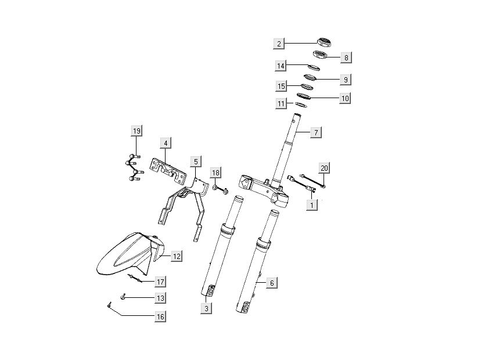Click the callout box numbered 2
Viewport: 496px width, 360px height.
pyautogui.click(x=279, y=44)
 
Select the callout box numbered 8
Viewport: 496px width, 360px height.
pyautogui.click(x=345, y=57)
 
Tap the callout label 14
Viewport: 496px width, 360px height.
pyautogui.click(x=281, y=66)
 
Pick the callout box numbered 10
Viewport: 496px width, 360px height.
pyautogui.click(x=345, y=98)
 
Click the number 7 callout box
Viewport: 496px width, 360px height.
pyautogui.click(x=315, y=133)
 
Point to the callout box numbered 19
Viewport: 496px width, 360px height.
pyautogui.click(x=136, y=131)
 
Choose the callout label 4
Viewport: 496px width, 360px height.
pyautogui.click(x=166, y=143)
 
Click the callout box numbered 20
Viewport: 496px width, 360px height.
pyautogui.click(x=324, y=168)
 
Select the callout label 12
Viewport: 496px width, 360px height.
pyautogui.click(x=177, y=255)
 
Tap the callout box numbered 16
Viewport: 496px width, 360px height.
pyautogui.click(x=160, y=316)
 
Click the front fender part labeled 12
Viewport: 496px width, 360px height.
pyautogui.click(x=125, y=255)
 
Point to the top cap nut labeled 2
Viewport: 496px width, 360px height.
pyautogui.click(x=324, y=41)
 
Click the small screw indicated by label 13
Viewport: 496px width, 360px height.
pyautogui.click(x=123, y=297)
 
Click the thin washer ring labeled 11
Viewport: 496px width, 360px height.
pyautogui.click(x=301, y=105)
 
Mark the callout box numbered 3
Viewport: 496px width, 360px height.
pyautogui.click(x=206, y=308)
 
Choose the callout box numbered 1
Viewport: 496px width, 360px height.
pyautogui.click(x=312, y=205)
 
